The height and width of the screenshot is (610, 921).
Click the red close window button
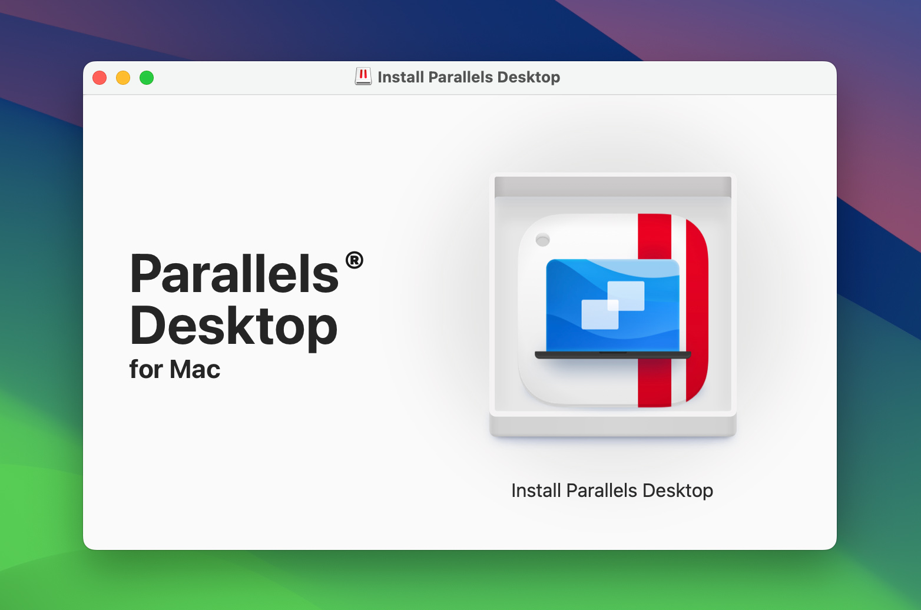click(100, 78)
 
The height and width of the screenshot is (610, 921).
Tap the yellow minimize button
click(123, 78)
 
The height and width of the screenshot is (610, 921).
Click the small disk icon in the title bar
click(363, 77)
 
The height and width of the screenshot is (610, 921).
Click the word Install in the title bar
click(401, 77)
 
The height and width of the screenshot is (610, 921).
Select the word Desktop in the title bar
click(528, 77)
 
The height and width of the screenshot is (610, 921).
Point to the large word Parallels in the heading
click(234, 274)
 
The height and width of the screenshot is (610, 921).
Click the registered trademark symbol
click(355, 260)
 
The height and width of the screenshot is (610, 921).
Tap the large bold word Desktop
click(233, 327)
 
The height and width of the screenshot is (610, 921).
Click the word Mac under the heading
click(195, 370)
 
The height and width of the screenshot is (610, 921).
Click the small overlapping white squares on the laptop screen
click(612, 305)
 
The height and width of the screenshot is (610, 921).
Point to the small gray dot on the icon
click(543, 240)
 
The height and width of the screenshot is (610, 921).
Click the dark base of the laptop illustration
click(612, 355)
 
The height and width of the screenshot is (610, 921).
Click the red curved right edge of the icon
click(698, 306)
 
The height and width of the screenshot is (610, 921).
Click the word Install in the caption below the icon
click(536, 490)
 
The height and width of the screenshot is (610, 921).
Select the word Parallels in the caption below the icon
click(602, 490)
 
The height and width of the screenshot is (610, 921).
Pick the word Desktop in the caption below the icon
click(678, 490)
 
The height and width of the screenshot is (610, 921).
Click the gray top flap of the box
click(612, 186)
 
